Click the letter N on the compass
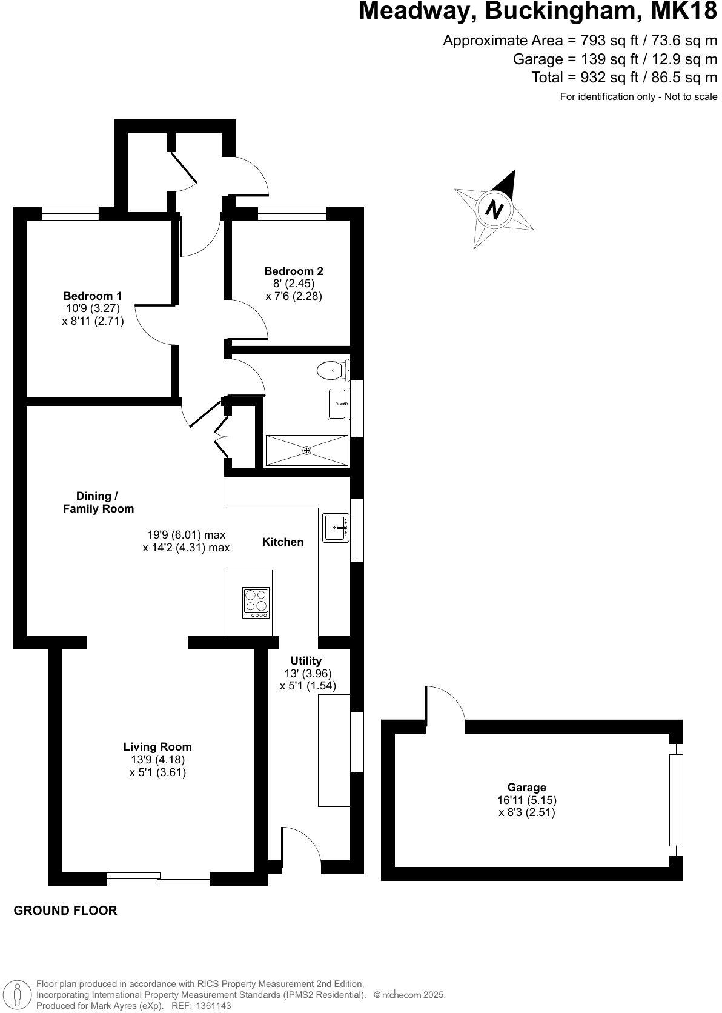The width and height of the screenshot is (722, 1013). pos(495,210)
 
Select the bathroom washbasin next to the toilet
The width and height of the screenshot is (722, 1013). pos(338,404)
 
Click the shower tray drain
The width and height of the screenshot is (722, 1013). pos(307,450)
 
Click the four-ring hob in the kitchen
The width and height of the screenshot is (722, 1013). pos(256,603)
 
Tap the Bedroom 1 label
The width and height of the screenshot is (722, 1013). pos(93,296)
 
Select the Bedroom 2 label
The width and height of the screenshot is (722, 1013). pos(294,271)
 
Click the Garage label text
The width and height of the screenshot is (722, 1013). pos(526,787)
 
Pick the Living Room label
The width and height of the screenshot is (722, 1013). pos(157,747)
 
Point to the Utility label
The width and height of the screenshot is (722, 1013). pos(306,660)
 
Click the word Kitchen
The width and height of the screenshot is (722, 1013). pos(283,542)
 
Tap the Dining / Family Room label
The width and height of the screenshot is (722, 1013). pos(98,502)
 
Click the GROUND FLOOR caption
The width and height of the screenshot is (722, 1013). pos(65,910)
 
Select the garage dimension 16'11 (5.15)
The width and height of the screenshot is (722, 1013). pos(526,800)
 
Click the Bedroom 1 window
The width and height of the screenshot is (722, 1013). pos(70,213)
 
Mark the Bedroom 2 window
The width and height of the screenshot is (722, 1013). pos(292,213)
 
